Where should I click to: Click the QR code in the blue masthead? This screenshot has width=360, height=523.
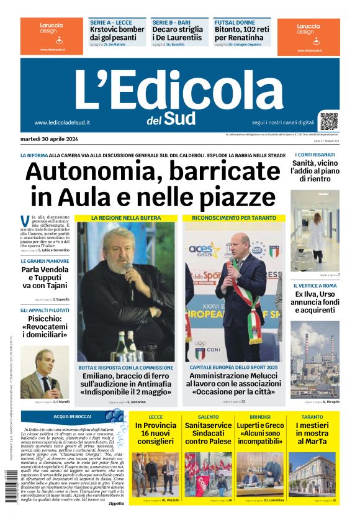pyautogui.click(x=329, y=120)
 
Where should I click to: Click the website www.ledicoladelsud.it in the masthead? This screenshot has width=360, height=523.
pyautogui.click(x=62, y=122)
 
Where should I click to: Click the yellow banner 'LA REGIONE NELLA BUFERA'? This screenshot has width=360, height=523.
pyautogui.click(x=126, y=218)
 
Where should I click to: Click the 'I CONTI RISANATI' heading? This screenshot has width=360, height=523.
pyautogui.click(x=312, y=154)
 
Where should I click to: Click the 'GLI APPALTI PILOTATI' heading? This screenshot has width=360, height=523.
pyautogui.click(x=45, y=309)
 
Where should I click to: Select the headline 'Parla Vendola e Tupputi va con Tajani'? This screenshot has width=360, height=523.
pyautogui.click(x=45, y=278)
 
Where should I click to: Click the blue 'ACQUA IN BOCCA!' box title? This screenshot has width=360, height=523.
pyautogui.click(x=73, y=416)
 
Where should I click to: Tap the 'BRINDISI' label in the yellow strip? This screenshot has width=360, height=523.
pyautogui.click(x=259, y=417)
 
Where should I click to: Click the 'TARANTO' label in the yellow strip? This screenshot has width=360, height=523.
pyautogui.click(x=312, y=417)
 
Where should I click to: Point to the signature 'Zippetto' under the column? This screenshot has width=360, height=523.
pyautogui.click(x=114, y=503)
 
